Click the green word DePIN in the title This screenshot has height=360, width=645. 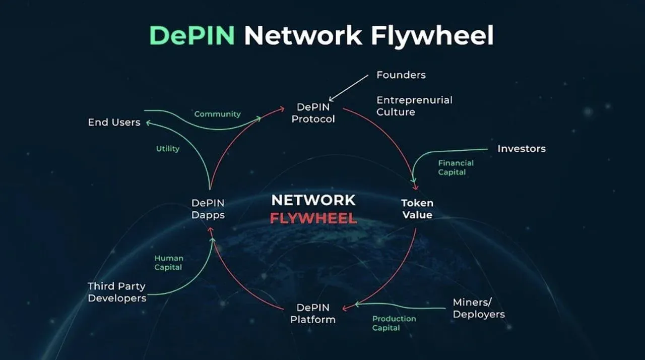[192, 35]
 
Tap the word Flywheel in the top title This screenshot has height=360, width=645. [432, 36]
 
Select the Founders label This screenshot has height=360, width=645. [401, 75]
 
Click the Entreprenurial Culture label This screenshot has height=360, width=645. [414, 106]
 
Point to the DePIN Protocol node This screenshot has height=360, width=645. [313, 113]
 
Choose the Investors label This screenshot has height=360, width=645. [522, 149]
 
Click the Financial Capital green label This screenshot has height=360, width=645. [456, 167]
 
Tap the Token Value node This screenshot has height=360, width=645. [417, 209]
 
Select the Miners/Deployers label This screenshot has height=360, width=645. [479, 308]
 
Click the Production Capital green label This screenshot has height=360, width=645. [394, 323]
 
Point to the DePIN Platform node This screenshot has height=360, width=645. [313, 314]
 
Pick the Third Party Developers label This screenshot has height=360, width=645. [117, 292]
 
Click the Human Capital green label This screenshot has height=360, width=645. [169, 263]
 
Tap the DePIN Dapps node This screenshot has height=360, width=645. [208, 209]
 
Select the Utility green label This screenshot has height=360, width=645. [168, 149]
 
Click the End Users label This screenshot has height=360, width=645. [114, 122]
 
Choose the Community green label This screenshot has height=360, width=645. [217, 114]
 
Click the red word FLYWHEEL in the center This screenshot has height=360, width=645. [313, 218]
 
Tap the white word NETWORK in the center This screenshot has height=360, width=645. [313, 200]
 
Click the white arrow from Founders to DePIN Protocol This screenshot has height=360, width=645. [348, 88]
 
